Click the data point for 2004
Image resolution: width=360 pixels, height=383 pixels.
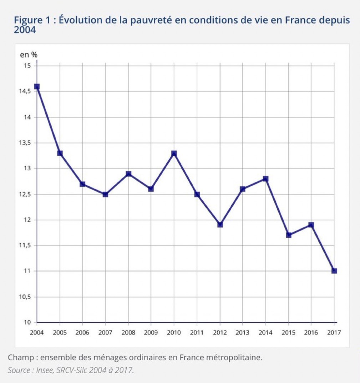tap(37, 86)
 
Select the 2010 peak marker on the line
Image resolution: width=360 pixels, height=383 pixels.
tap(174, 153)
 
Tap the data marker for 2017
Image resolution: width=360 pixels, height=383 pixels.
tap(334, 271)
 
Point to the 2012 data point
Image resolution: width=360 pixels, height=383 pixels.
tap(220, 225)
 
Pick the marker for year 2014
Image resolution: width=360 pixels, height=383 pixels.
tap(265, 179)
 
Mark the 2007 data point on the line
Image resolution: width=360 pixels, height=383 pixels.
tap(105, 194)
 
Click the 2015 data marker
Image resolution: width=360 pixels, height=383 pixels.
tap(289, 235)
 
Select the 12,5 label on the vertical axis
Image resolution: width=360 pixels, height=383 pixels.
tap(25, 195)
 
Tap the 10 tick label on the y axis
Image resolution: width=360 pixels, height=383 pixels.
tap(28, 323)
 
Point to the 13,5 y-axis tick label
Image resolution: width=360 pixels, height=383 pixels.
tap(25, 143)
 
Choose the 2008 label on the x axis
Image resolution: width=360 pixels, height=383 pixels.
tap(128, 333)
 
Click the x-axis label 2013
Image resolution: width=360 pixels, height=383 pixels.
tap(243, 333)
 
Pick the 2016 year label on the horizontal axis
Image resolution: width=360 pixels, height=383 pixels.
tap(311, 333)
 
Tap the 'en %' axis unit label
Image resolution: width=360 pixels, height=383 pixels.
tap(29, 55)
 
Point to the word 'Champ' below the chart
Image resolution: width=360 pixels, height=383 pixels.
tap(19, 357)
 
